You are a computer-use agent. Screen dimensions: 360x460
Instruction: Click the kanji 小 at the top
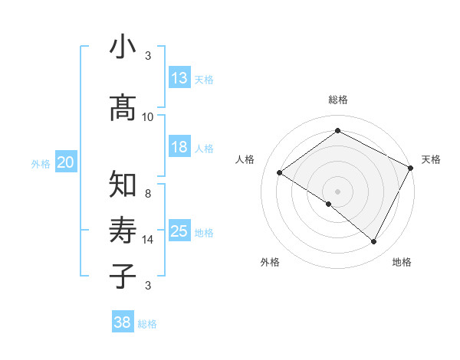123,47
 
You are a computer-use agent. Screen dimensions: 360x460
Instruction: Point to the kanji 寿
123,231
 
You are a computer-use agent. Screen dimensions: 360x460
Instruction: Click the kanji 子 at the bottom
123,276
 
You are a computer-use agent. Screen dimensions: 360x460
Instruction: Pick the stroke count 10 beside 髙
148,117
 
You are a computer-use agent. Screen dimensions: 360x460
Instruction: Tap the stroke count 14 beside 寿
148,240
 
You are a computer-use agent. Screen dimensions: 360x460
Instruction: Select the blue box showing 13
179,78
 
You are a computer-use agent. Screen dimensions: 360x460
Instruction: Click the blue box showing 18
179,148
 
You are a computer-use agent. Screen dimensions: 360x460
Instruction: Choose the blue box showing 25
179,232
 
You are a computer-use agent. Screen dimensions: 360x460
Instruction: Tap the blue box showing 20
66,162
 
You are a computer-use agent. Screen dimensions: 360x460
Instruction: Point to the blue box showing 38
123,323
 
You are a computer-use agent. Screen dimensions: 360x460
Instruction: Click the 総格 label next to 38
147,325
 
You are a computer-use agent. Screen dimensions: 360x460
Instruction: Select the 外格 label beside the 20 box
41,164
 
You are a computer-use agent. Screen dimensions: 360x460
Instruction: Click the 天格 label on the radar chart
431,159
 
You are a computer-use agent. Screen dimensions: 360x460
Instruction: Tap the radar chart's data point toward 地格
374,242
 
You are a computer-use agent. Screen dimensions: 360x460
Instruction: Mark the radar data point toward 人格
280,172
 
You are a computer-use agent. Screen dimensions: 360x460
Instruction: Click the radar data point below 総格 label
337,131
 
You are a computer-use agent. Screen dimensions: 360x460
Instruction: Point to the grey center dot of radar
337,191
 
